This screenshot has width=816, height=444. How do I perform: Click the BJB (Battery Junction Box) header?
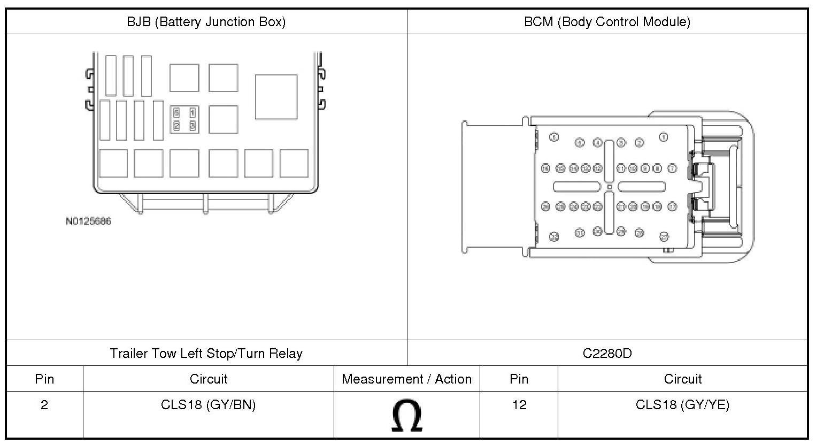pos(206,22)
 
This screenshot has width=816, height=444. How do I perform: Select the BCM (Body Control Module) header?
pos(607,22)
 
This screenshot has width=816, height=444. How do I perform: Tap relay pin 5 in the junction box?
pos(177,113)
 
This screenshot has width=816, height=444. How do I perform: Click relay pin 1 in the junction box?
pos(192,113)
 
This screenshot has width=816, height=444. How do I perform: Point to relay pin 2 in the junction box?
pos(177,126)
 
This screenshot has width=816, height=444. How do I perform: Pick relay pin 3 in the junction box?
pos(192,126)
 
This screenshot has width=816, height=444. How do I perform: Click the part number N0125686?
pos(89,221)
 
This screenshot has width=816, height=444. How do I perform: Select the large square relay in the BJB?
pos(276,97)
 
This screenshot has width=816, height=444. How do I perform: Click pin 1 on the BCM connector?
pos(664,137)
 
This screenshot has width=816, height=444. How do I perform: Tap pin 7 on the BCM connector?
pos(672,168)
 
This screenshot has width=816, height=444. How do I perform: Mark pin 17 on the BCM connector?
pos(672,206)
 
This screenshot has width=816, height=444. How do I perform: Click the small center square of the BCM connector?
pos(610,187)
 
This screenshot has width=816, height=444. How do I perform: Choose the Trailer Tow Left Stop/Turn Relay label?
pos(206,354)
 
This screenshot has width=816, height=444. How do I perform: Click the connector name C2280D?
pos(607,354)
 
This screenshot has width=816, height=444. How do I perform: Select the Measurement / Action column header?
pos(406,379)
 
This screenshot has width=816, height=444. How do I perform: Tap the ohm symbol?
pos(406,416)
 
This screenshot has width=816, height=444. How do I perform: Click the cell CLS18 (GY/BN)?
pos(208,405)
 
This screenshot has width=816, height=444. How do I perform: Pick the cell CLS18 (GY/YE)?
pos(682,405)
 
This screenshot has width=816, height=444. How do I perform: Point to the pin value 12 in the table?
pos(519,405)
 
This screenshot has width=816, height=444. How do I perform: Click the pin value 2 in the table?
pos(44,405)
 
